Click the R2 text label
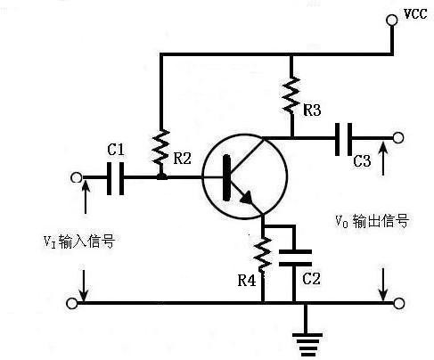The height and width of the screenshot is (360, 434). (x=182, y=159)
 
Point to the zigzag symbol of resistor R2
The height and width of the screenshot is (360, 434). (x=161, y=149)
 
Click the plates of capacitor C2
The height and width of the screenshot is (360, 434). (x=294, y=258)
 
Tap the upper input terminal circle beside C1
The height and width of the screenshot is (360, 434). (x=75, y=176)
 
